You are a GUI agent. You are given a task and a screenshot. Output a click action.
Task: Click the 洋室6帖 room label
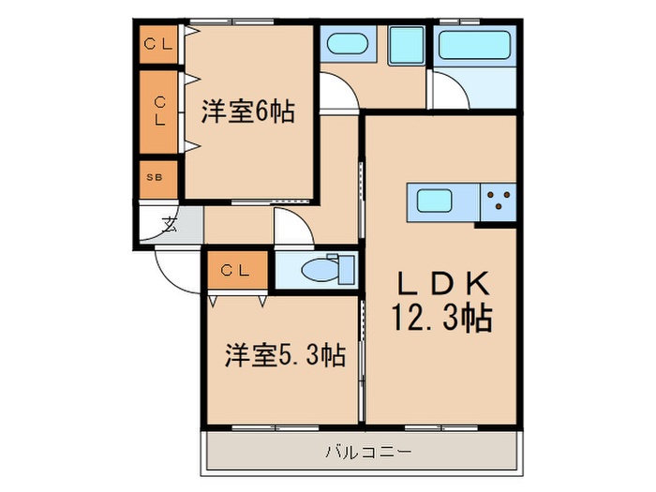[x=248, y=112]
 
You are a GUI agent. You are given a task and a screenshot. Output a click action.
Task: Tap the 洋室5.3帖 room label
[x=285, y=355]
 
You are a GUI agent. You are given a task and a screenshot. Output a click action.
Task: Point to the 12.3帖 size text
[x=441, y=318]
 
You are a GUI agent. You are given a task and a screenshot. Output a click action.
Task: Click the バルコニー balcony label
[x=368, y=452]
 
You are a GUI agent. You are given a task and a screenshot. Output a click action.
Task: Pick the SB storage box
[x=158, y=179]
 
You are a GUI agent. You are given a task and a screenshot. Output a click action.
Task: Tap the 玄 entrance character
[x=170, y=225]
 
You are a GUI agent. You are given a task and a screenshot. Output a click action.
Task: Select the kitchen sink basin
[x=435, y=201]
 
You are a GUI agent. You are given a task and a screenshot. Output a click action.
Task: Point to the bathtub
[x=474, y=45]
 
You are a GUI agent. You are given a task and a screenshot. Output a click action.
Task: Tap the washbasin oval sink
[x=348, y=43]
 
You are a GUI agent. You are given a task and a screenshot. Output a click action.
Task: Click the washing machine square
[x=406, y=46]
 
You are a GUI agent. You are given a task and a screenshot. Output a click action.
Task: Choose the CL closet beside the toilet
[x=237, y=270]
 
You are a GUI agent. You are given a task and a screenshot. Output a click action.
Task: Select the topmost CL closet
[x=158, y=44]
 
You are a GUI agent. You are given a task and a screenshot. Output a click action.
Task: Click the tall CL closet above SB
[x=158, y=112]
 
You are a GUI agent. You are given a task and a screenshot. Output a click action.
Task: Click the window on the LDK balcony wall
[x=441, y=427]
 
